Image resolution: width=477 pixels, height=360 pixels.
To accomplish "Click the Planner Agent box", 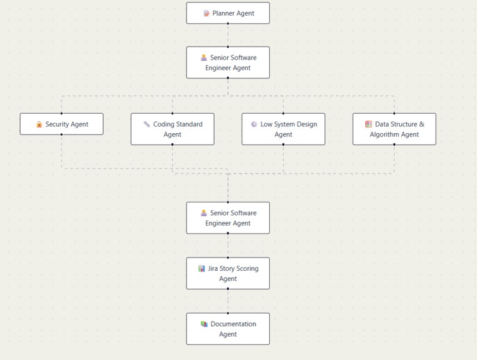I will pyautogui.click(x=228, y=13).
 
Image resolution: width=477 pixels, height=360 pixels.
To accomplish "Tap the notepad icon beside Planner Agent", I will pyautogui.click(x=206, y=13).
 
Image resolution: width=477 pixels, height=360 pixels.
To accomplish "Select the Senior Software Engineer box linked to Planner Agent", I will pyautogui.click(x=228, y=62).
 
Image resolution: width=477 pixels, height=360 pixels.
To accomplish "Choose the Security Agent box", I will pyautogui.click(x=62, y=124).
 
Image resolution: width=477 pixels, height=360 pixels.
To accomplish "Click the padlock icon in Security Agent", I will pyautogui.click(x=39, y=124).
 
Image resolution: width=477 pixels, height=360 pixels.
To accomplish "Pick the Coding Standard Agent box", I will pyautogui.click(x=173, y=129).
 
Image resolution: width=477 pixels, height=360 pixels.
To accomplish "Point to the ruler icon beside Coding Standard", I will pyautogui.click(x=147, y=124).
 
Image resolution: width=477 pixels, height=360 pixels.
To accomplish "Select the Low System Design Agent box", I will pyautogui.click(x=283, y=129).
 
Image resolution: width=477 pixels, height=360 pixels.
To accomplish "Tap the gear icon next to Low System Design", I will pyautogui.click(x=254, y=124).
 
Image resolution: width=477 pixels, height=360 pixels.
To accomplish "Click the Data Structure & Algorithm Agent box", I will pyautogui.click(x=394, y=129).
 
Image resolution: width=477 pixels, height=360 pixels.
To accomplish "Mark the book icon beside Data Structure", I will pyautogui.click(x=368, y=124).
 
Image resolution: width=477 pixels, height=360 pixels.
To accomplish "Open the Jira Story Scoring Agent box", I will pyautogui.click(x=228, y=273).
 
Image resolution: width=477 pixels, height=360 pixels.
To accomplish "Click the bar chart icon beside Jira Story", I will pyautogui.click(x=201, y=268).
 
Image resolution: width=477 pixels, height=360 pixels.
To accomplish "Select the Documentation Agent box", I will pyautogui.click(x=228, y=329).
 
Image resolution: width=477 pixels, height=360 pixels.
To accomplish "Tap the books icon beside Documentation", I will pyautogui.click(x=204, y=324).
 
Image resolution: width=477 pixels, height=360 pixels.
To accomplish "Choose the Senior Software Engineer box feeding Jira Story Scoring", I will pyautogui.click(x=228, y=217).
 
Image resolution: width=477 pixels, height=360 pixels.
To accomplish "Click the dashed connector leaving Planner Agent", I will pyautogui.click(x=228, y=35).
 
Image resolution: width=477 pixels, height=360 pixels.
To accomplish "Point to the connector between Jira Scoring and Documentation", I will pyautogui.click(x=228, y=301).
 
